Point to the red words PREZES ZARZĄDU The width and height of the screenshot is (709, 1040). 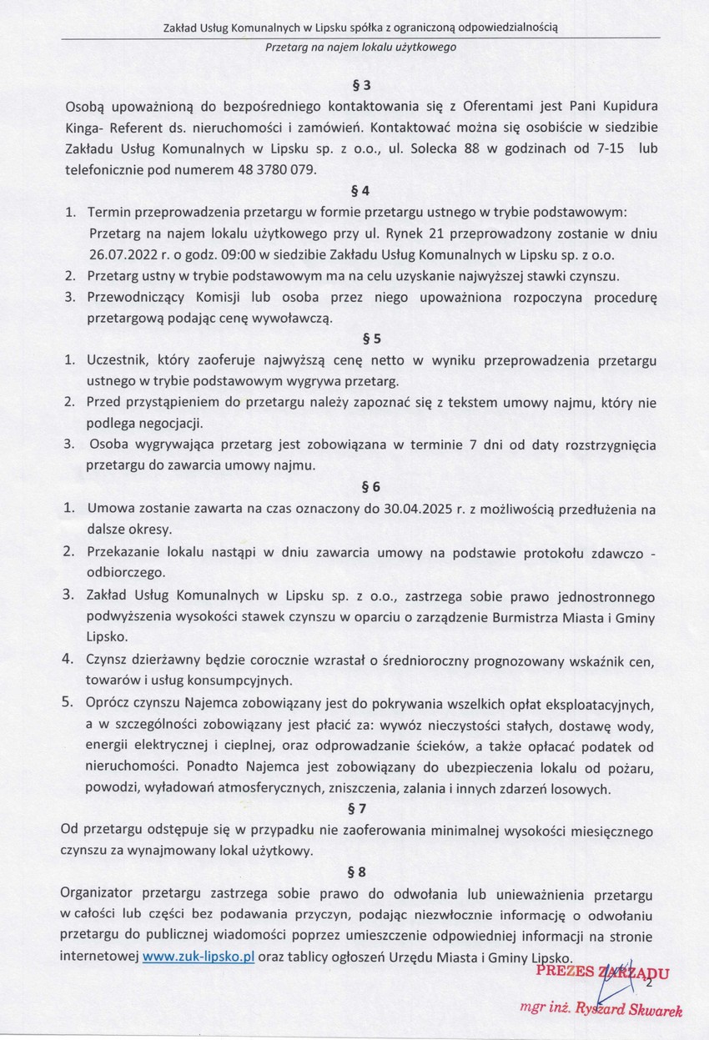pyautogui.click(x=601, y=972)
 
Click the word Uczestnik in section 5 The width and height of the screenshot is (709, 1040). pyautogui.click(x=118, y=360)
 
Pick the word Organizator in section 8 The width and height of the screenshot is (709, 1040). pyautogui.click(x=103, y=893)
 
